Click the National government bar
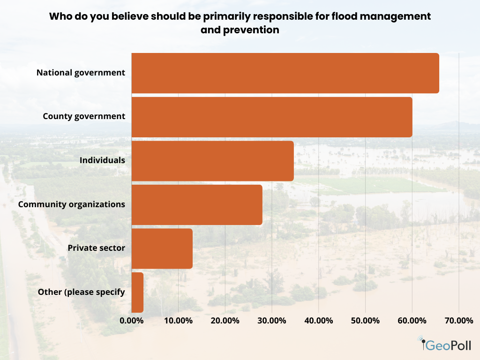(x=285, y=73)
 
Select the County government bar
(x=272, y=117)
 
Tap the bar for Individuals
(x=212, y=161)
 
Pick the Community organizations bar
(x=197, y=205)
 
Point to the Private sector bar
(x=162, y=248)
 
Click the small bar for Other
(x=137, y=292)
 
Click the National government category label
(x=81, y=73)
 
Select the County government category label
(x=84, y=116)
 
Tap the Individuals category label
(x=102, y=160)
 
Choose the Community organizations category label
(x=71, y=204)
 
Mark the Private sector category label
(x=96, y=248)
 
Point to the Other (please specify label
(x=81, y=292)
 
